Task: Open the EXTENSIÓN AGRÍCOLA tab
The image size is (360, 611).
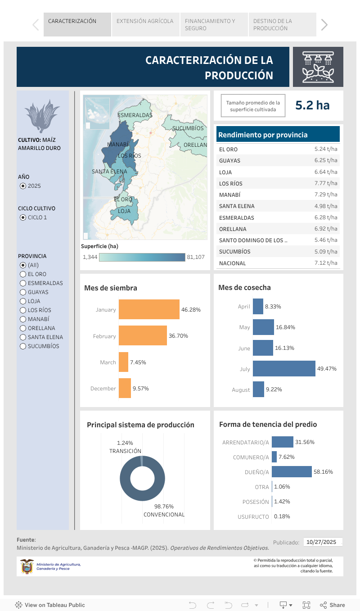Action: [145, 21]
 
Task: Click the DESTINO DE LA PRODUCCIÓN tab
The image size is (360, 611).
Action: [282, 25]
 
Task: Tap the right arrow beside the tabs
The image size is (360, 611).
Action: [324, 25]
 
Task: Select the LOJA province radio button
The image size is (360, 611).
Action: [23, 301]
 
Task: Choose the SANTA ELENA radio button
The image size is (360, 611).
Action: [23, 337]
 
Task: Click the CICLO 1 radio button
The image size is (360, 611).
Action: [23, 217]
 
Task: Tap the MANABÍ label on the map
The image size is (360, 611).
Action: [118, 145]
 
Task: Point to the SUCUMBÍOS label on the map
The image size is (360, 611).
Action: [188, 128]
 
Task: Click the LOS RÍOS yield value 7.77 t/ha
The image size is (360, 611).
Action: [326, 183]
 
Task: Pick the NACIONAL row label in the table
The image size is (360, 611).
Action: [232, 263]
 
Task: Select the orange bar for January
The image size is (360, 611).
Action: [149, 309]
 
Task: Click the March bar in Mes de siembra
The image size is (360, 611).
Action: [123, 362]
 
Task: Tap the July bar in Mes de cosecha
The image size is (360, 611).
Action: [284, 369]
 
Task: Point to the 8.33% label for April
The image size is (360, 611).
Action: [273, 307]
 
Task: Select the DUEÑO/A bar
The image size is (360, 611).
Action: [292, 472]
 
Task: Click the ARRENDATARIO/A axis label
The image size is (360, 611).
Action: [245, 443]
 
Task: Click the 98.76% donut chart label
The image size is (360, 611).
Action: [164, 507]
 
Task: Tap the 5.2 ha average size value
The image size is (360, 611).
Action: [312, 105]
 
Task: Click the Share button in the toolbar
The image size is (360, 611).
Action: [333, 605]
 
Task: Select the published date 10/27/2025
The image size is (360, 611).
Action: [321, 542]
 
